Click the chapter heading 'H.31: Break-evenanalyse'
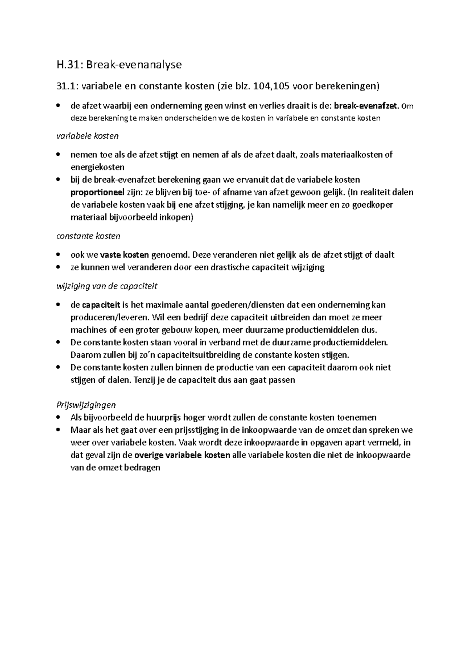pyautogui.click(x=119, y=65)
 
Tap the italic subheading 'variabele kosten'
pyautogui.click(x=87, y=136)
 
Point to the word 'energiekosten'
pyautogui.click(x=97, y=167)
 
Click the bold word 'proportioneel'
pyautogui.click(x=97, y=192)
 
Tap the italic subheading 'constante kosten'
pyautogui.click(x=88, y=236)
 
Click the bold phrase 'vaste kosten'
pyautogui.click(x=125, y=255)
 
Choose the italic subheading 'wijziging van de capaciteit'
pyautogui.click(x=107, y=286)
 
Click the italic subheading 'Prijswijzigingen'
pyautogui.click(x=86, y=405)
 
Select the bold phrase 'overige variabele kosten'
pyautogui.click(x=182, y=455)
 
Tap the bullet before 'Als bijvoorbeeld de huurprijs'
pyautogui.click(x=58, y=417)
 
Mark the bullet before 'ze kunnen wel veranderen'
pyautogui.click(x=58, y=267)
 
